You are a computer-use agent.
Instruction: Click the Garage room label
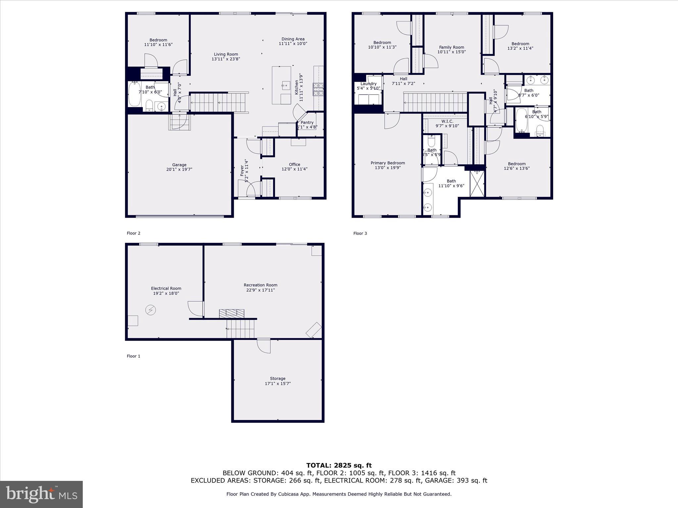(179, 165)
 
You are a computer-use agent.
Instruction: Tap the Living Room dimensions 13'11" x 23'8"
(226, 59)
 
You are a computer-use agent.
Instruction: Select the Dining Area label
(293, 39)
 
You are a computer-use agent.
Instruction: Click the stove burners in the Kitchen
(318, 89)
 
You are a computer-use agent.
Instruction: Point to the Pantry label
(307, 123)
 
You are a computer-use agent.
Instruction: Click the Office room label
(294, 164)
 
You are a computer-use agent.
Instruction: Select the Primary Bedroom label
(388, 163)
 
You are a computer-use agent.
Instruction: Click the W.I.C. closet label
(447, 121)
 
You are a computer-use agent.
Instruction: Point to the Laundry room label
(368, 84)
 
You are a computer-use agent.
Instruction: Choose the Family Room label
(452, 47)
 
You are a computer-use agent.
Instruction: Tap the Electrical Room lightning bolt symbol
(150, 310)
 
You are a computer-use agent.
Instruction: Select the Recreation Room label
(261, 285)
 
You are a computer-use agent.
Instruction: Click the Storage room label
(277, 378)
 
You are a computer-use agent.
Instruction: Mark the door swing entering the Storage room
(264, 346)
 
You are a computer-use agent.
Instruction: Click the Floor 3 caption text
(360, 233)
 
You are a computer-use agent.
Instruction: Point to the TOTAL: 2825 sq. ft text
(339, 465)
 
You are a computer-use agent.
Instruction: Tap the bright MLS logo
(41, 494)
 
